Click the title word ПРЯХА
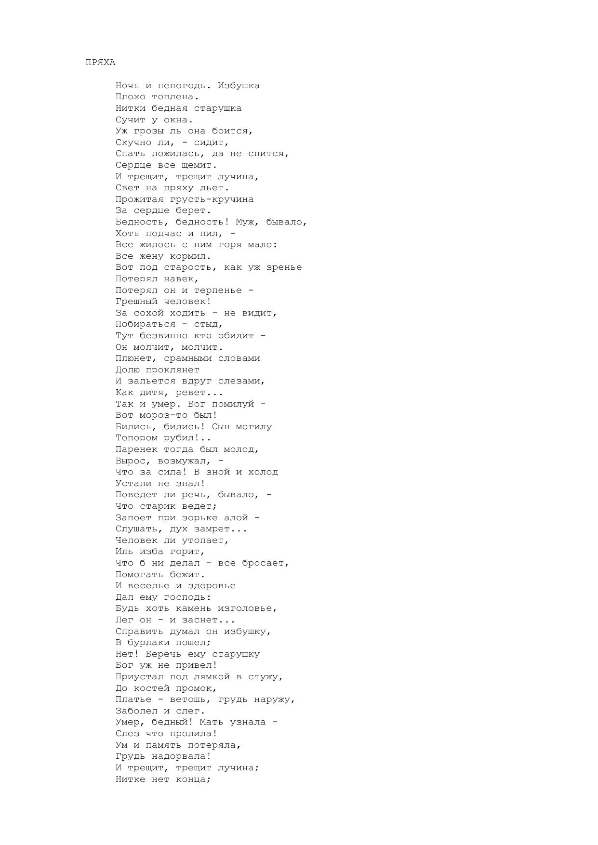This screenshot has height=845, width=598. [100, 63]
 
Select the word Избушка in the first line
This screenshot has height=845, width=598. [239, 86]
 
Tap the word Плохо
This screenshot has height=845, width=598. [131, 97]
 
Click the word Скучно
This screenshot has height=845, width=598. [133, 143]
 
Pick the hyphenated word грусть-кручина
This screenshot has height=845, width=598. [212, 199]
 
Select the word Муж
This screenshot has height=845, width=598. [244, 222]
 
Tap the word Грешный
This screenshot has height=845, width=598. [136, 302]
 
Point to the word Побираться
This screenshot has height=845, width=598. [146, 324]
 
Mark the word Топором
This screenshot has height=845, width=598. [136, 438]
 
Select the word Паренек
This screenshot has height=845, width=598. [136, 449]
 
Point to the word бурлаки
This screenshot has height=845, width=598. [148, 643]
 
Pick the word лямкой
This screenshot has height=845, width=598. [212, 677]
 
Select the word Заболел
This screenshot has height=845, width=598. [136, 711]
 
